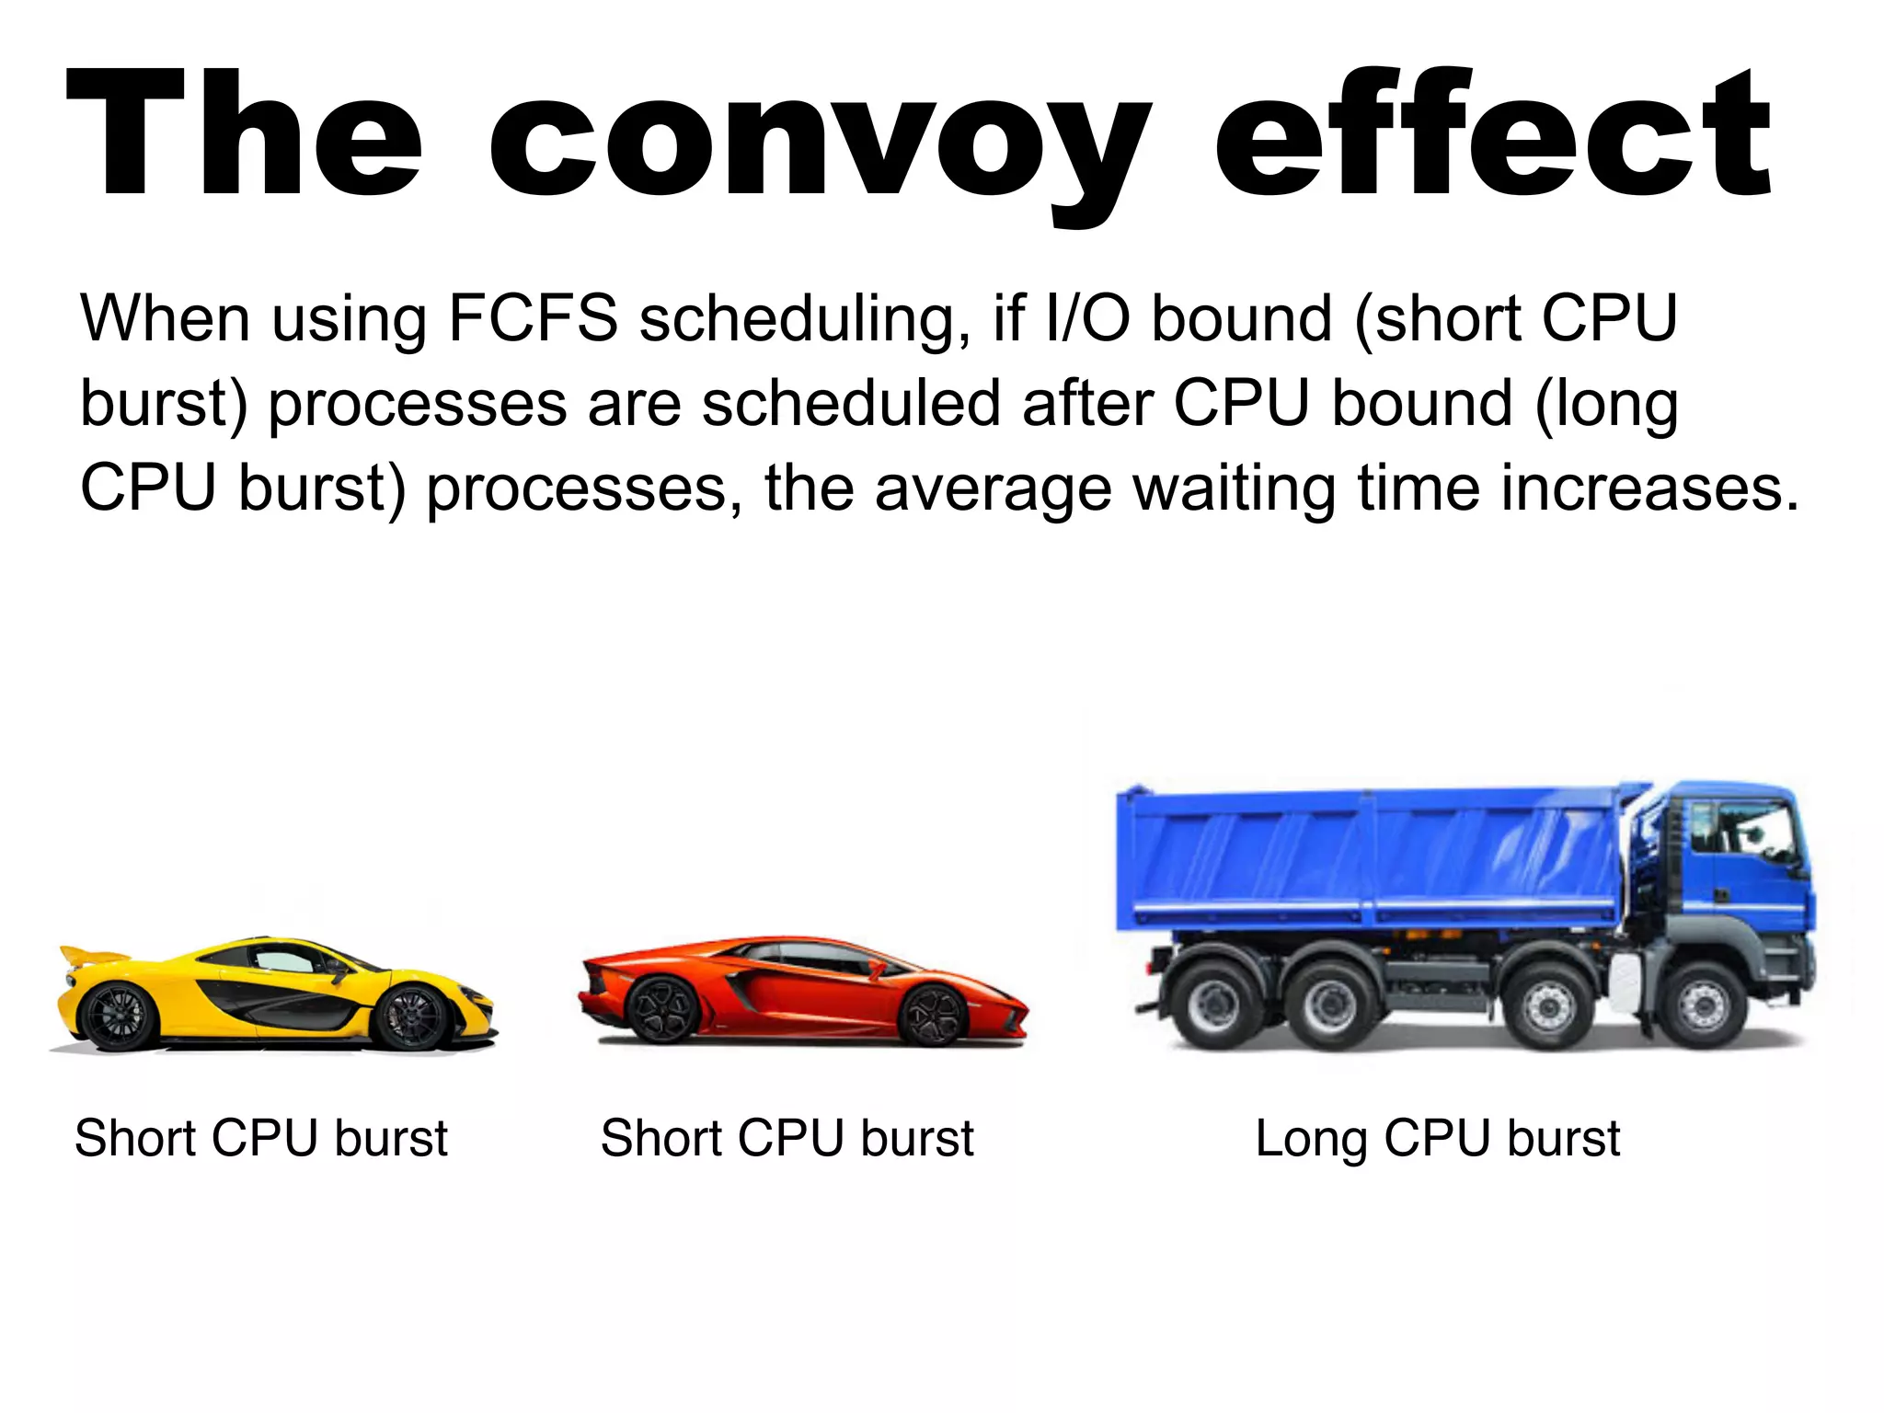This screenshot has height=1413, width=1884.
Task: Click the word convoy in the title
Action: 819,138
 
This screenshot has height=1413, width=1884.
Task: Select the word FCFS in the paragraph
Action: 533,318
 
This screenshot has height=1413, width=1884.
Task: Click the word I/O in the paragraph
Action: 1087,318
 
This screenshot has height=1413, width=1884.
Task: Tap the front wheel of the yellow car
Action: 411,1017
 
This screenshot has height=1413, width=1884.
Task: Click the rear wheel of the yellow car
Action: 118,1016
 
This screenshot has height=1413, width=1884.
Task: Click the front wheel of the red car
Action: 931,1015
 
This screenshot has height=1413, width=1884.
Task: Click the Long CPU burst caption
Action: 1437,1139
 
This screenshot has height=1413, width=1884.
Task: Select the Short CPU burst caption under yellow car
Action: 261,1139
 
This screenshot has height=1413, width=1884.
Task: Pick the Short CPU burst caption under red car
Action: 787,1139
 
